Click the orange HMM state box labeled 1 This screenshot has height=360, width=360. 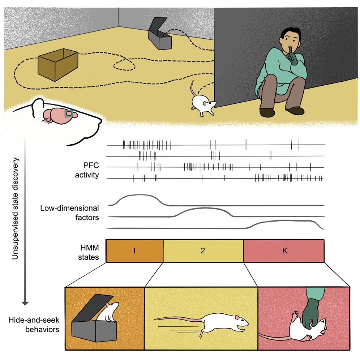134,251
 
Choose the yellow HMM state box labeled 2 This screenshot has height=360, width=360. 203,251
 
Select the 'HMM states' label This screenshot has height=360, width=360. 91,251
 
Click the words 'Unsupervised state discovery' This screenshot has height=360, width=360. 15,208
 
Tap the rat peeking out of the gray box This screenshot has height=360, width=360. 111,312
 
